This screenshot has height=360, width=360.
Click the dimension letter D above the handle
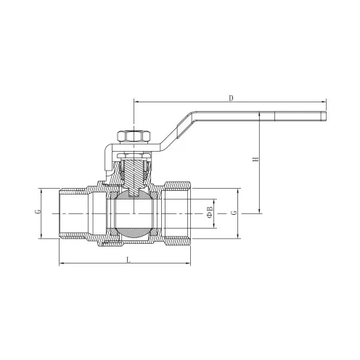232,98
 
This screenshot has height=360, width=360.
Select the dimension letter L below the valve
129,260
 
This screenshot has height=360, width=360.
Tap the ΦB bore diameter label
210,212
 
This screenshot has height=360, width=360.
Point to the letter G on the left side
38,211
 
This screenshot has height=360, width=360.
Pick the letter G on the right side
234,213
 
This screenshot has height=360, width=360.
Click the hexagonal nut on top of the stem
134,136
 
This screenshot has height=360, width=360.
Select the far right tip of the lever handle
326,116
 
